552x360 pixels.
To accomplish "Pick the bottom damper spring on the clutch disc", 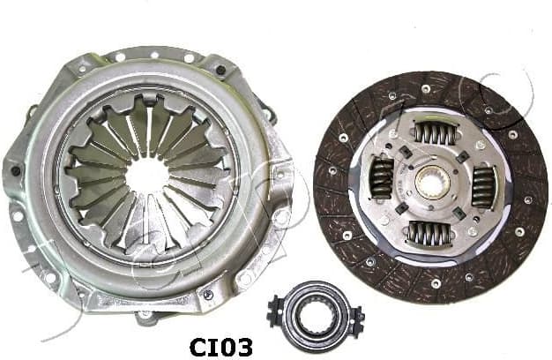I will [430, 233].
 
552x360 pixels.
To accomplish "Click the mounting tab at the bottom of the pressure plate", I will [144, 311].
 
